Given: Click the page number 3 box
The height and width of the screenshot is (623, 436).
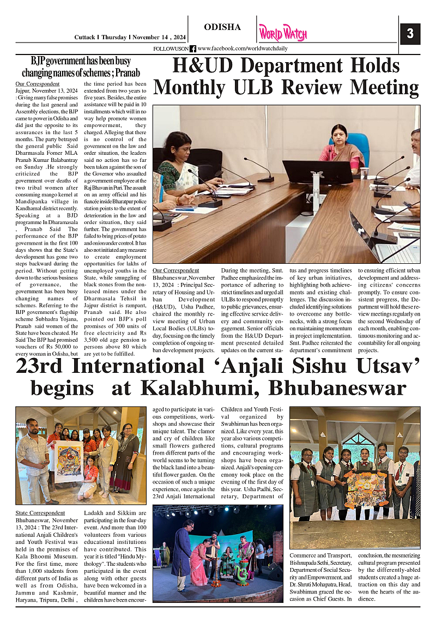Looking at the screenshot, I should pyautogui.click(x=410, y=34).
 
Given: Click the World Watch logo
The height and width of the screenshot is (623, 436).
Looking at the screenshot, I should pyautogui.click(x=282, y=33).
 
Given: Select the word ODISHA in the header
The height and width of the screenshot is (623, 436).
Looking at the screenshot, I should pyautogui.click(x=222, y=27).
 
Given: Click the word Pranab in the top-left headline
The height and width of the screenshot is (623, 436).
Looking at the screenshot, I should pyautogui.click(x=125, y=72).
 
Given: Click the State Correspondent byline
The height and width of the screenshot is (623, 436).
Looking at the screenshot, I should pyautogui.click(x=40, y=513).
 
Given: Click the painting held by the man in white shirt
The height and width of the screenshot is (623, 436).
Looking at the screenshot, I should pyautogui.click(x=68, y=462).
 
